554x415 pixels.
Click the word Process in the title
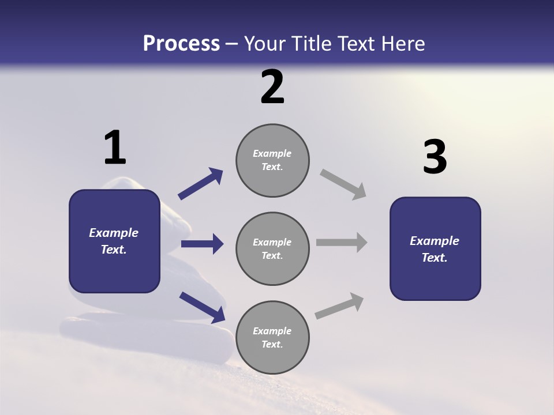click(x=181, y=44)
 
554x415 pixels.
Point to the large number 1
click(x=114, y=148)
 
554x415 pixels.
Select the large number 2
click(x=272, y=87)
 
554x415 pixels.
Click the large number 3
click(x=435, y=157)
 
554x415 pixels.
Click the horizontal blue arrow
click(x=202, y=244)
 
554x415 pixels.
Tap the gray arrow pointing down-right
click(x=343, y=184)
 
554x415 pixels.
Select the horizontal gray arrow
click(x=342, y=243)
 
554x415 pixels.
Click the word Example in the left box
click(x=114, y=233)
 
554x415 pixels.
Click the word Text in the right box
click(x=434, y=258)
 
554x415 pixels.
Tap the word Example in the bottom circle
click(x=272, y=331)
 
